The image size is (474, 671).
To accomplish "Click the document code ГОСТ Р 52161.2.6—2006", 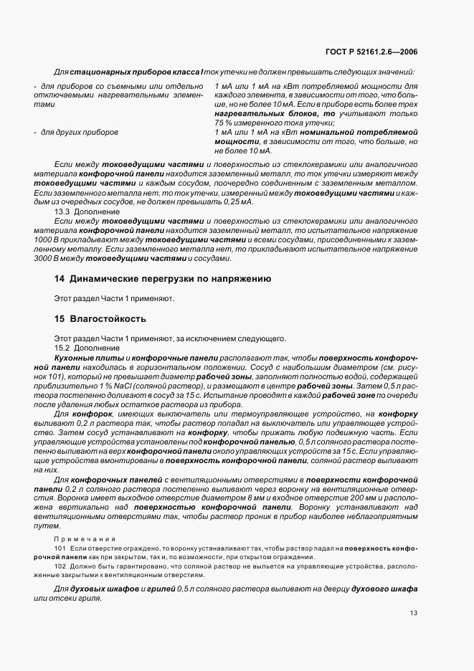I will [377, 52].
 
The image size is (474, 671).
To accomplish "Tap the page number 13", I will [414, 612].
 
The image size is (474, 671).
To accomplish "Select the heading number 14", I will [60, 279].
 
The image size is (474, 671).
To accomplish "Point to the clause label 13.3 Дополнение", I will [80, 213].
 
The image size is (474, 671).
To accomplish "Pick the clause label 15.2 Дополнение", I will [80, 348].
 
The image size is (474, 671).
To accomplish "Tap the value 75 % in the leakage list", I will [224, 123].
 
